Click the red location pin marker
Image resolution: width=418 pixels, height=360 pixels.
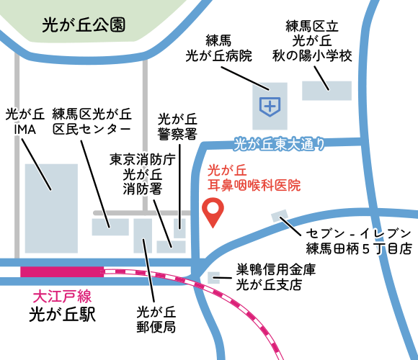213,211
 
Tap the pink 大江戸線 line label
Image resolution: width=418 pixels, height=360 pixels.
63,296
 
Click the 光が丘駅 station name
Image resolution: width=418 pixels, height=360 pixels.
63,314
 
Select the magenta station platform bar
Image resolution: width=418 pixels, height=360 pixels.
62,271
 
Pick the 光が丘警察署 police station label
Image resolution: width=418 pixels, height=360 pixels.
177,126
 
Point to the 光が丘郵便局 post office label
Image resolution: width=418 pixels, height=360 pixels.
156,320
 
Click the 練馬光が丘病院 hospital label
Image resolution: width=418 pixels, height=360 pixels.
219,47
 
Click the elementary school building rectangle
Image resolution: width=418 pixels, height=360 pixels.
326,91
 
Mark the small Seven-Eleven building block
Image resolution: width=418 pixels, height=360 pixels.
278,216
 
